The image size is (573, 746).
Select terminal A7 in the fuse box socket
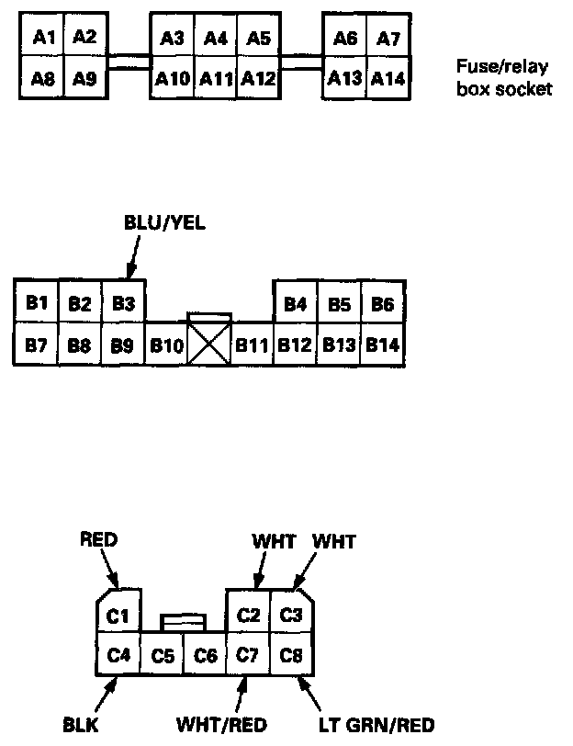(x=389, y=39)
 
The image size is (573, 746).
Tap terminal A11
(x=216, y=79)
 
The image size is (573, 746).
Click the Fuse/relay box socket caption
(x=504, y=78)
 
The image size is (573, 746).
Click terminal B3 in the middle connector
(x=123, y=303)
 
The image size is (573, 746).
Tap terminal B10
(x=166, y=346)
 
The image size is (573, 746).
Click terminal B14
(x=383, y=346)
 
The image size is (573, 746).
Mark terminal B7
(x=37, y=346)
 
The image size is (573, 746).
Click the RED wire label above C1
(x=99, y=539)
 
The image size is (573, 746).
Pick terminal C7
(x=247, y=655)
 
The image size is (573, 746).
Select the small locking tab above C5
(x=181, y=622)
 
